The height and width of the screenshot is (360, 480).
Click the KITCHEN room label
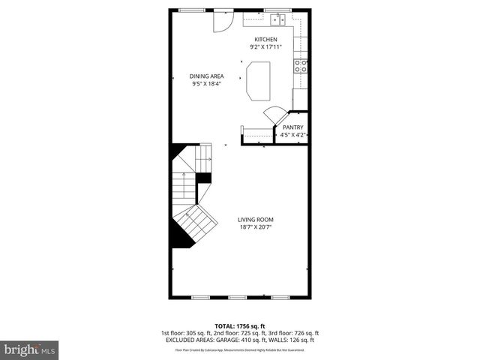[x=265, y=39]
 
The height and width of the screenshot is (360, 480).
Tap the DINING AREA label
[x=206, y=76]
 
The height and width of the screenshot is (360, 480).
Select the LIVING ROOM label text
[x=255, y=219]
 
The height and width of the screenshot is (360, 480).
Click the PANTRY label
[x=292, y=127]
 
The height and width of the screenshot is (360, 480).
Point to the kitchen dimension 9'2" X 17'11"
[x=265, y=47]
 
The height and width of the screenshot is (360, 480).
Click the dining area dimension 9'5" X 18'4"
[x=206, y=84]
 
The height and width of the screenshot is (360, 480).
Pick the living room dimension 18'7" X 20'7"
[x=255, y=227]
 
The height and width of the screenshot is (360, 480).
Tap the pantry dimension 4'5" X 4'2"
[x=292, y=136]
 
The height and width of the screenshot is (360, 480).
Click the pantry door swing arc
[x=272, y=116]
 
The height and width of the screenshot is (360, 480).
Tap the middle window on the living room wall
[x=241, y=297]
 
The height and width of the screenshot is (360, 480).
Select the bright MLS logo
[x=29, y=349]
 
